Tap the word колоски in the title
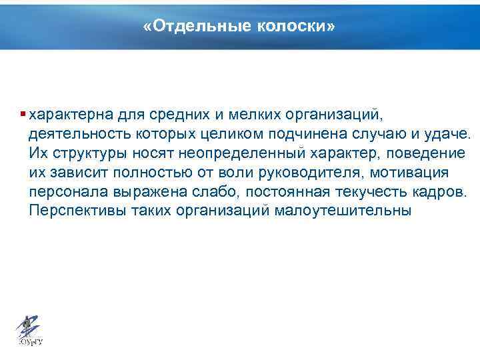click(x=287, y=27)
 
